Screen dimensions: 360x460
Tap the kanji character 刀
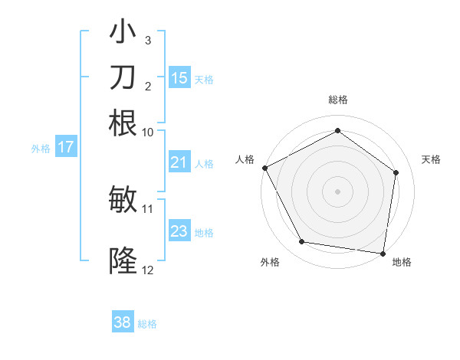pos(123,77)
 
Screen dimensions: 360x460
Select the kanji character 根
pos(123,123)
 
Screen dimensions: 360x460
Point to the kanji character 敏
pos(123,200)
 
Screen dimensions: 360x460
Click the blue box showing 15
pos(179,78)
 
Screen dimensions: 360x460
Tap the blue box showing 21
pos(179,162)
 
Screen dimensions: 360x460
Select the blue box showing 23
pos(179,231)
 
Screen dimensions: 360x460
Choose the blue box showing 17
pos(66,147)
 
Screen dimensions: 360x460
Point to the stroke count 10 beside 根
pos(148,132)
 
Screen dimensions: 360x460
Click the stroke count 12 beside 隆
pos(148,270)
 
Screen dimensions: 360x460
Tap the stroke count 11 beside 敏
pos(148,208)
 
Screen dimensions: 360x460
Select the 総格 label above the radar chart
pos(337,100)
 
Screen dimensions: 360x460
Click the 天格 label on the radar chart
pos(431,159)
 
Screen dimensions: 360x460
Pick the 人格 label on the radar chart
pos(245,159)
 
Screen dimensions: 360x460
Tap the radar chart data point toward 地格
pos(383,253)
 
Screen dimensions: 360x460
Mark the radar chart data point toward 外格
pos(302,242)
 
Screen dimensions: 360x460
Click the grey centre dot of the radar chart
pos(337,191)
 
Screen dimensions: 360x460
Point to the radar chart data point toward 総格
pos(337,131)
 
